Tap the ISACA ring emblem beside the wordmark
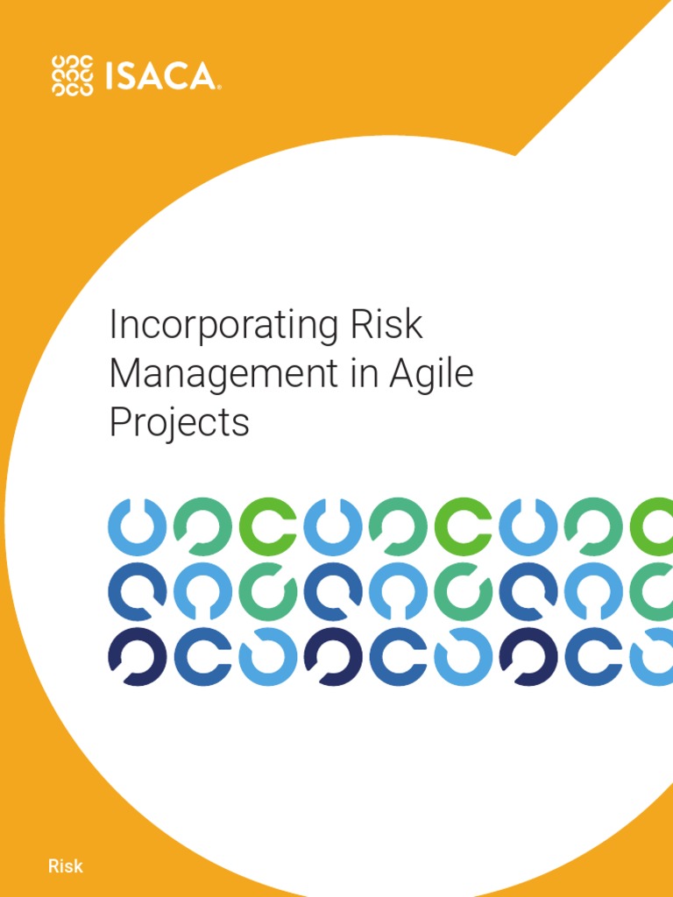click(73, 75)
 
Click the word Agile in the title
click(432, 374)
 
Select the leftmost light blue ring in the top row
click(137, 526)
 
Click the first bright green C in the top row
click(268, 526)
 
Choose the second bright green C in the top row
click(464, 526)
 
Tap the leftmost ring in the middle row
click(137, 592)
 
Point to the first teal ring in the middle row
click(268, 592)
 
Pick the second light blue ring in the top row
click(333, 526)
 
